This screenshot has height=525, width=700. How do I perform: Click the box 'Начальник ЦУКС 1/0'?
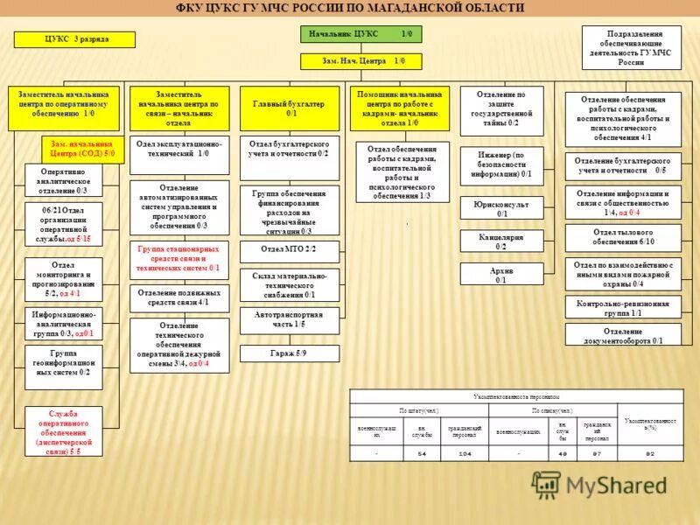(x=360, y=34)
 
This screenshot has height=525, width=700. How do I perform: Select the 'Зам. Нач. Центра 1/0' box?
(x=360, y=61)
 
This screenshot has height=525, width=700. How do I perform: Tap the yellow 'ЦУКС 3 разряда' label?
(x=73, y=39)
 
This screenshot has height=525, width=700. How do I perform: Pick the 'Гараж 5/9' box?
(x=289, y=353)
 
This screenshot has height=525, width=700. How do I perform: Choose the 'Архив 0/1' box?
(x=501, y=275)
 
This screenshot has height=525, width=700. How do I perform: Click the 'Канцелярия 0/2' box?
(x=501, y=241)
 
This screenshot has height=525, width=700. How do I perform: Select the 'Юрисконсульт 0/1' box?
(x=501, y=208)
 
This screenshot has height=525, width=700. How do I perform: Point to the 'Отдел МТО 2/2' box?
(x=289, y=249)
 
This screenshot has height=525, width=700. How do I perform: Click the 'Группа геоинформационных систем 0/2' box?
(x=64, y=367)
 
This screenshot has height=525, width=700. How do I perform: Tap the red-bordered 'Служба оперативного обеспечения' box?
(x=64, y=432)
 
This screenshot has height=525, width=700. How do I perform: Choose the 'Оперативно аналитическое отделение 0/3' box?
(x=64, y=179)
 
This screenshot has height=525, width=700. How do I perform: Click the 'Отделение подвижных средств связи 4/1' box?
(x=179, y=297)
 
